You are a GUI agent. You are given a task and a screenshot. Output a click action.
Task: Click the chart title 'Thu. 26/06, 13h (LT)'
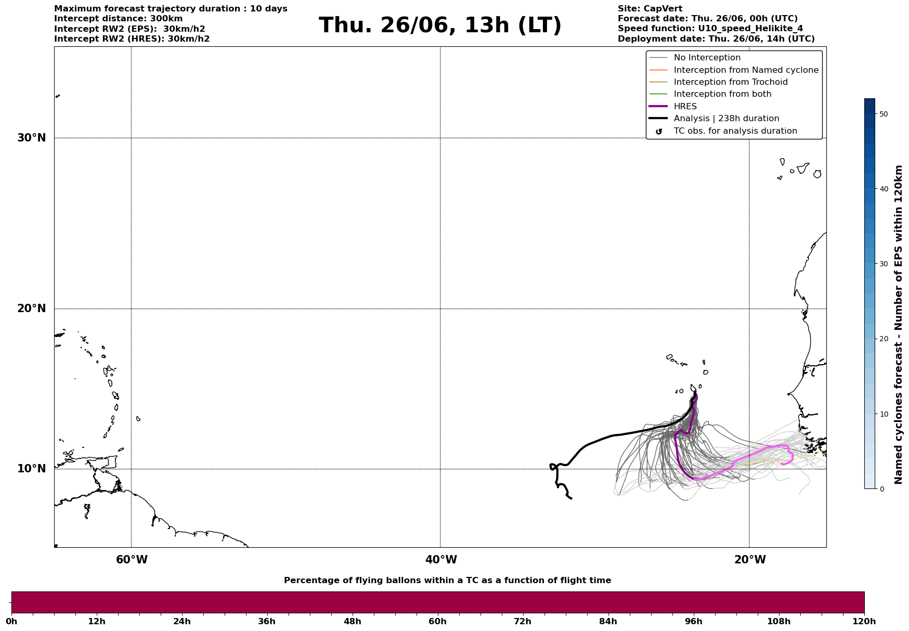point(440,25)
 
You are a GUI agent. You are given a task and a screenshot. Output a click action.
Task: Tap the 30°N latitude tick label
point(32,138)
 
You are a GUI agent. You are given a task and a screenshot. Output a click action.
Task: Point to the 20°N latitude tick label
point(32,308)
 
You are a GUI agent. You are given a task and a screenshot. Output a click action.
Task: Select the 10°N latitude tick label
point(32,469)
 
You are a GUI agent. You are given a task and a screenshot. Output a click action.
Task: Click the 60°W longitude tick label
point(132,560)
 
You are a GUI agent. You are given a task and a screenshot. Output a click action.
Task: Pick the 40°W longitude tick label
point(441,560)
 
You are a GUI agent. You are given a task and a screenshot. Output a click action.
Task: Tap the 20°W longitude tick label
point(750,560)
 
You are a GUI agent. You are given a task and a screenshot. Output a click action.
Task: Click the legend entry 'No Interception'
point(707,58)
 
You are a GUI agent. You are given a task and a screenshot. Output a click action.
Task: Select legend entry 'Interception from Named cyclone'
point(746,70)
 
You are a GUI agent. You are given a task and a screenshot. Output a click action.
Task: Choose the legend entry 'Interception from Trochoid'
point(730,82)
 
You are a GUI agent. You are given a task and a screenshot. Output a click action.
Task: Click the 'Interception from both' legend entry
point(722,94)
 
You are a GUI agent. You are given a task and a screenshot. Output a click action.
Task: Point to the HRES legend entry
point(685,107)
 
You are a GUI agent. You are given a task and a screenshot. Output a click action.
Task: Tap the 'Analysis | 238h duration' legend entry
point(726,119)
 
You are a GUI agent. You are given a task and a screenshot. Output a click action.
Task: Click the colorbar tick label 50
point(882,114)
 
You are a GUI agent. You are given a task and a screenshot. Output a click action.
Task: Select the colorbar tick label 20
point(882,339)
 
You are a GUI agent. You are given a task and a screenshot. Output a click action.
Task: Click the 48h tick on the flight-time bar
point(353,621)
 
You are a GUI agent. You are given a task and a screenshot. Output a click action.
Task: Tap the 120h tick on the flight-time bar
point(864,621)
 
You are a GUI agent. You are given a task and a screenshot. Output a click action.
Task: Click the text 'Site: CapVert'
point(650,9)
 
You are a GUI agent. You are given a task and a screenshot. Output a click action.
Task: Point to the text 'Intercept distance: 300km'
point(118,19)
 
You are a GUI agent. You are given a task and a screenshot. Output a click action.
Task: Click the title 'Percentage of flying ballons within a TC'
point(447,581)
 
